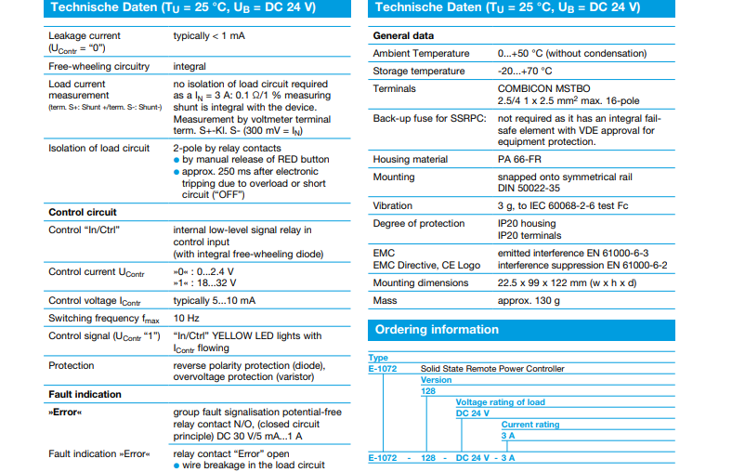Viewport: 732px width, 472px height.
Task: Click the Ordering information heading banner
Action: [437, 330]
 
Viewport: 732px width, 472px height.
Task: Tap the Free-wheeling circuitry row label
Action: [98, 67]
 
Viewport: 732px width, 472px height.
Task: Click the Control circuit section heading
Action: [83, 212]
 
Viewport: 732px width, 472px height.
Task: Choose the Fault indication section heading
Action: [85, 394]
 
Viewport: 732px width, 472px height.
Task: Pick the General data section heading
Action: [403, 36]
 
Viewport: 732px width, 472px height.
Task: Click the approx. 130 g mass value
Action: [529, 300]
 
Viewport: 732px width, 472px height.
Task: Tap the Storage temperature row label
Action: [419, 72]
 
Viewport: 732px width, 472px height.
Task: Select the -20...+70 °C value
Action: [525, 72]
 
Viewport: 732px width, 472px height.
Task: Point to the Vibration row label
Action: [393, 205]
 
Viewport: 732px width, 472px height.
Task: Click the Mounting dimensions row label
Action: [421, 282]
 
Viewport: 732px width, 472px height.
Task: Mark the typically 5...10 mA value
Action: [216, 301]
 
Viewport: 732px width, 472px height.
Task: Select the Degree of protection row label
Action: [418, 223]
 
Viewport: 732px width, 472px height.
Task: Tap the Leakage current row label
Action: [85, 36]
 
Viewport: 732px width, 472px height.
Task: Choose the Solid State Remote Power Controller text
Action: [492, 369]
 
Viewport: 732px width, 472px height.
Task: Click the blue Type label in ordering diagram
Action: [378, 358]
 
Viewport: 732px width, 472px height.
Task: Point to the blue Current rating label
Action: [530, 425]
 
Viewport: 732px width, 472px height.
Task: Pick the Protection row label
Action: [72, 365]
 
